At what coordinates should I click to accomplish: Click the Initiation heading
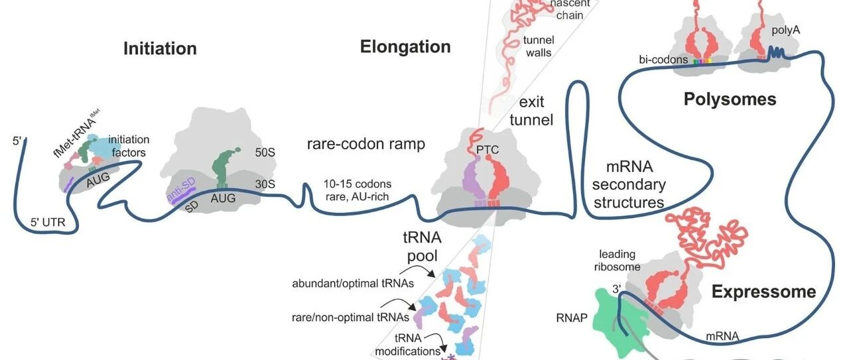click(x=160, y=49)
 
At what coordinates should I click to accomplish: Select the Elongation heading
click(x=405, y=47)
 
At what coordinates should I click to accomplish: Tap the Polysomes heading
click(x=730, y=99)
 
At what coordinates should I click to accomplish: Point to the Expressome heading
click(x=763, y=292)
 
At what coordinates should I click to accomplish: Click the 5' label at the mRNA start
click(x=17, y=141)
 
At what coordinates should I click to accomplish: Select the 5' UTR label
click(x=48, y=222)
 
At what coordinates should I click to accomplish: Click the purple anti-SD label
click(x=181, y=190)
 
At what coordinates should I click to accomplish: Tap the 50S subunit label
click(x=265, y=152)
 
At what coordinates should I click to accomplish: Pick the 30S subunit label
click(x=265, y=184)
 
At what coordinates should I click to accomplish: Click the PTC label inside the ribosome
click(x=488, y=150)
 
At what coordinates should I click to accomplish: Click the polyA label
click(x=786, y=30)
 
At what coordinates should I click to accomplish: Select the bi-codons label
click(x=663, y=60)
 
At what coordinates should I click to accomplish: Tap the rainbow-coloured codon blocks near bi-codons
click(x=702, y=61)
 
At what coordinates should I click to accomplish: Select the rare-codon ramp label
click(x=365, y=144)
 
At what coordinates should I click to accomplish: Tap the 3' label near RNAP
click(x=617, y=289)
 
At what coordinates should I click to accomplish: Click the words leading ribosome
click(x=617, y=261)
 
